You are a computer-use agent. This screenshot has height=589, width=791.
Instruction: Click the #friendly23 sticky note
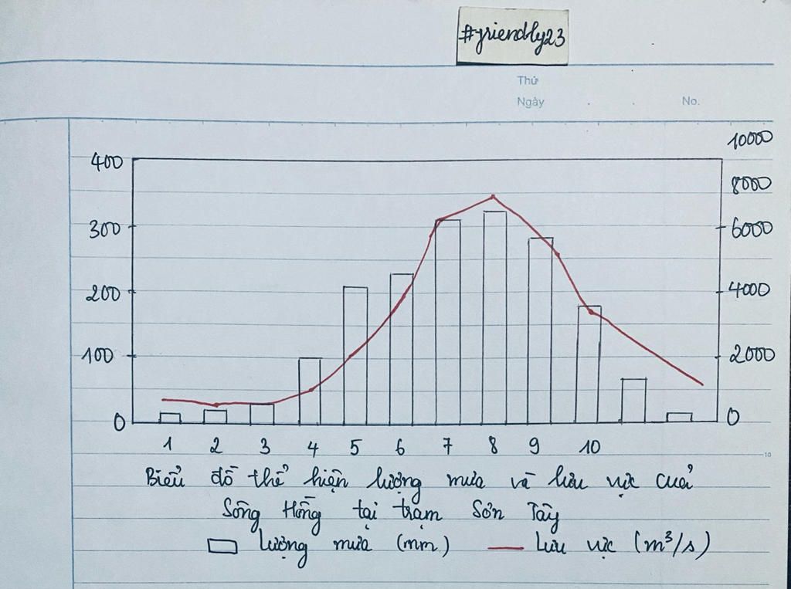pyautogui.click(x=512, y=37)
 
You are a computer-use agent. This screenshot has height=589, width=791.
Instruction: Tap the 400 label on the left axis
pyautogui.click(x=107, y=162)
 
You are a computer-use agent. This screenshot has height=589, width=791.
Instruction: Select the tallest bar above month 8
pyautogui.click(x=494, y=317)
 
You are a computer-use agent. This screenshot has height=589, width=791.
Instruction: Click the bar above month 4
pyautogui.click(x=310, y=391)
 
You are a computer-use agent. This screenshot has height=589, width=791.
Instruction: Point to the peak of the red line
pyautogui.click(x=493, y=197)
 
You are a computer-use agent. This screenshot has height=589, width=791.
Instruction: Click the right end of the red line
pyautogui.click(x=702, y=384)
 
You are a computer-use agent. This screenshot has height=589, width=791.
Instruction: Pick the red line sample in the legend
pyautogui.click(x=506, y=547)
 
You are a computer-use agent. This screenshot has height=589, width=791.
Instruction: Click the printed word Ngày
pyautogui.click(x=530, y=102)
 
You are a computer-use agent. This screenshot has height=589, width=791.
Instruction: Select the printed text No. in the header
pyautogui.click(x=690, y=101)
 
